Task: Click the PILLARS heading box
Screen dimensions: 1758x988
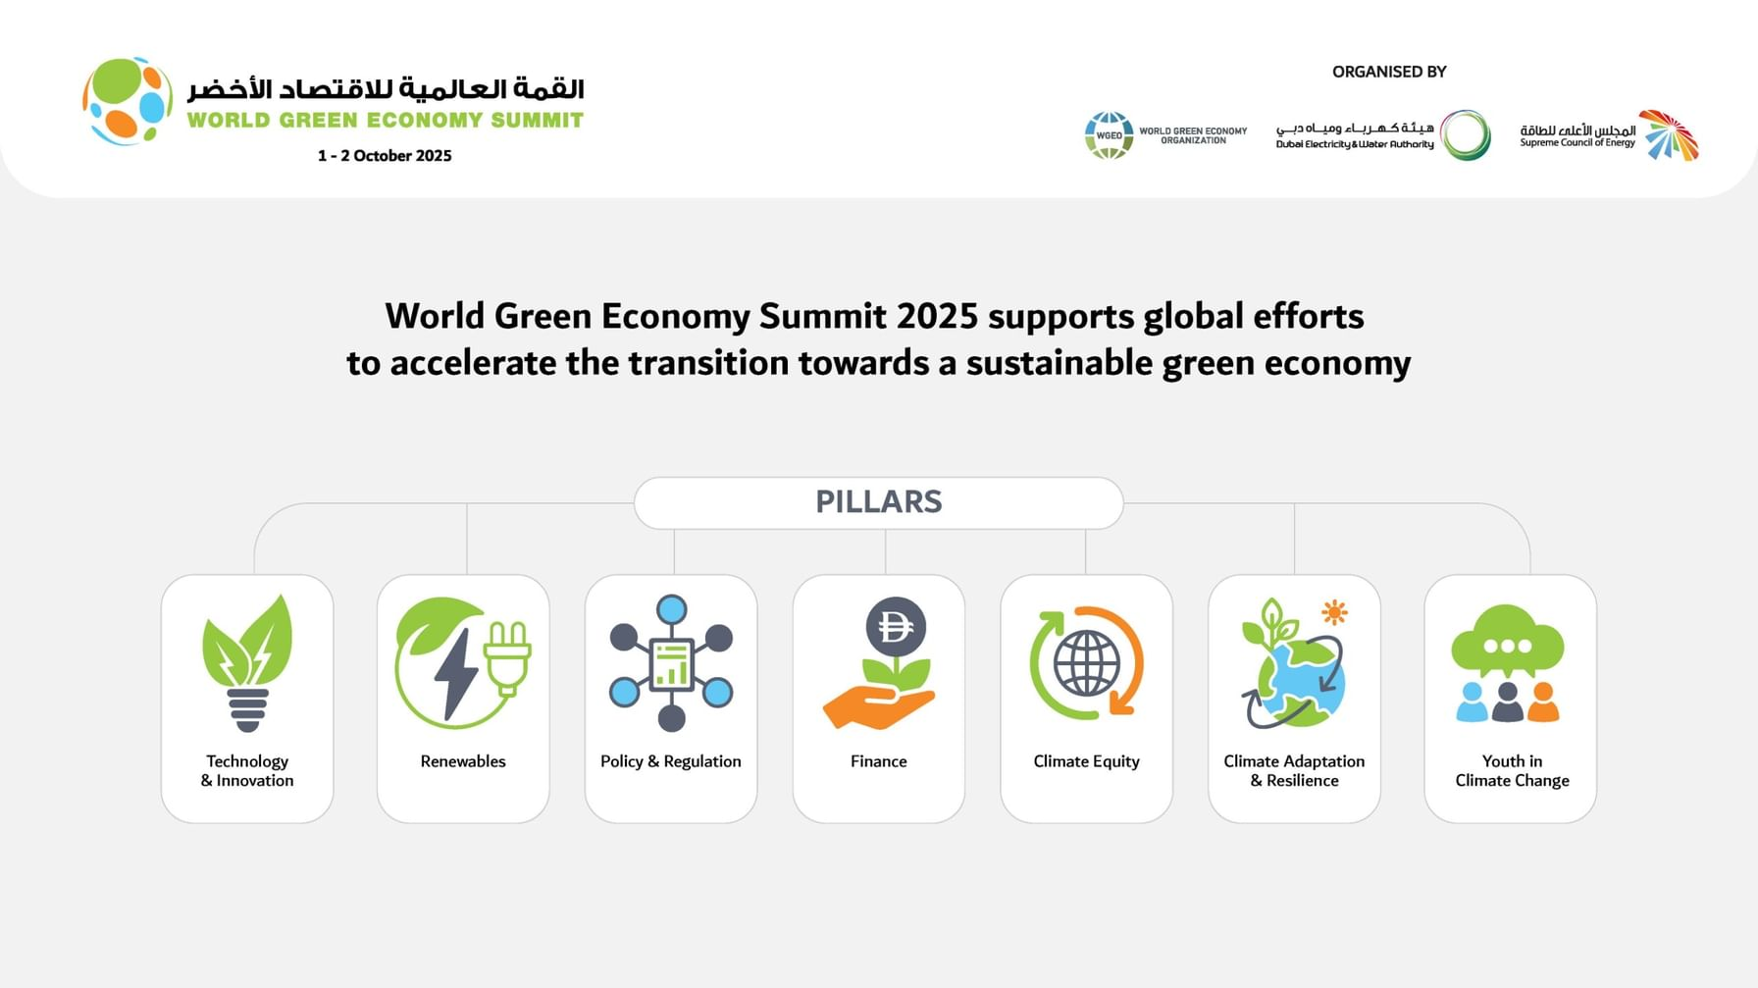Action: (878, 502)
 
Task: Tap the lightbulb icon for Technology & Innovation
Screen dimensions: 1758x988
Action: (247, 663)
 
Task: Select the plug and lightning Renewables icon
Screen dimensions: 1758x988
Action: (462, 662)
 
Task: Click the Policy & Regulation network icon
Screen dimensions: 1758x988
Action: (671, 663)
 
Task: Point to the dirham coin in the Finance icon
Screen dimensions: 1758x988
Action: (896, 627)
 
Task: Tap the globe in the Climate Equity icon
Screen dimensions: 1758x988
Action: (1086, 663)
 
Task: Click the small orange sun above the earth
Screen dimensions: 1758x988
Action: (1333, 612)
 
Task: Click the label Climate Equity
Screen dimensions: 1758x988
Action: (1086, 761)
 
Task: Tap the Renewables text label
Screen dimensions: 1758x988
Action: (463, 761)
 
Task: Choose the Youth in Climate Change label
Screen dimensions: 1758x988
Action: (1512, 771)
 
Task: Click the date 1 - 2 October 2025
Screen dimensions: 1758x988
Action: (385, 156)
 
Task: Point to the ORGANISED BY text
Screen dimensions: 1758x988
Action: (1389, 72)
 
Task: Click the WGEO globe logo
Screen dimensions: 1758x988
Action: (1109, 135)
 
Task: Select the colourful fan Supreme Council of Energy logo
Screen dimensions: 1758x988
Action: (1670, 134)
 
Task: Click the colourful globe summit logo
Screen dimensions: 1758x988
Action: (128, 101)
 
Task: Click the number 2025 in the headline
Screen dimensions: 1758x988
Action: (937, 316)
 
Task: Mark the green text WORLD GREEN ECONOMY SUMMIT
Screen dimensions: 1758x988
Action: (386, 121)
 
